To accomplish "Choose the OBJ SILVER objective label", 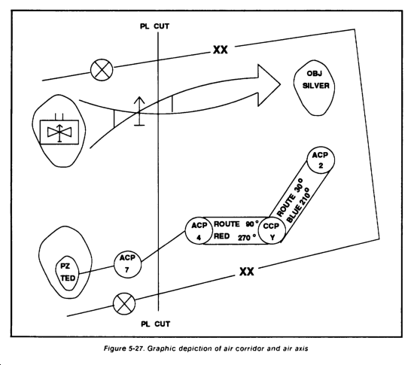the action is coord(315,80).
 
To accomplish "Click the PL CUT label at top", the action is coord(155,26).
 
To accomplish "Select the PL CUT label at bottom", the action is coord(155,324).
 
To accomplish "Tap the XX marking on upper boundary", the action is coord(221,50).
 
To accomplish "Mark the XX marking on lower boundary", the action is coord(247,272).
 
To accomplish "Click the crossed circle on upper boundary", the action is coord(102,70).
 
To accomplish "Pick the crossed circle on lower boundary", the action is coord(124,304).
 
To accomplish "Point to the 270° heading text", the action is coord(247,238).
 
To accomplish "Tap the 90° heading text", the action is coord(252,224).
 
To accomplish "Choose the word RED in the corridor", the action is coord(221,236).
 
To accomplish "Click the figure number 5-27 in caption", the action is coord(136,348).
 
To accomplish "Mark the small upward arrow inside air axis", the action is coord(139,111).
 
